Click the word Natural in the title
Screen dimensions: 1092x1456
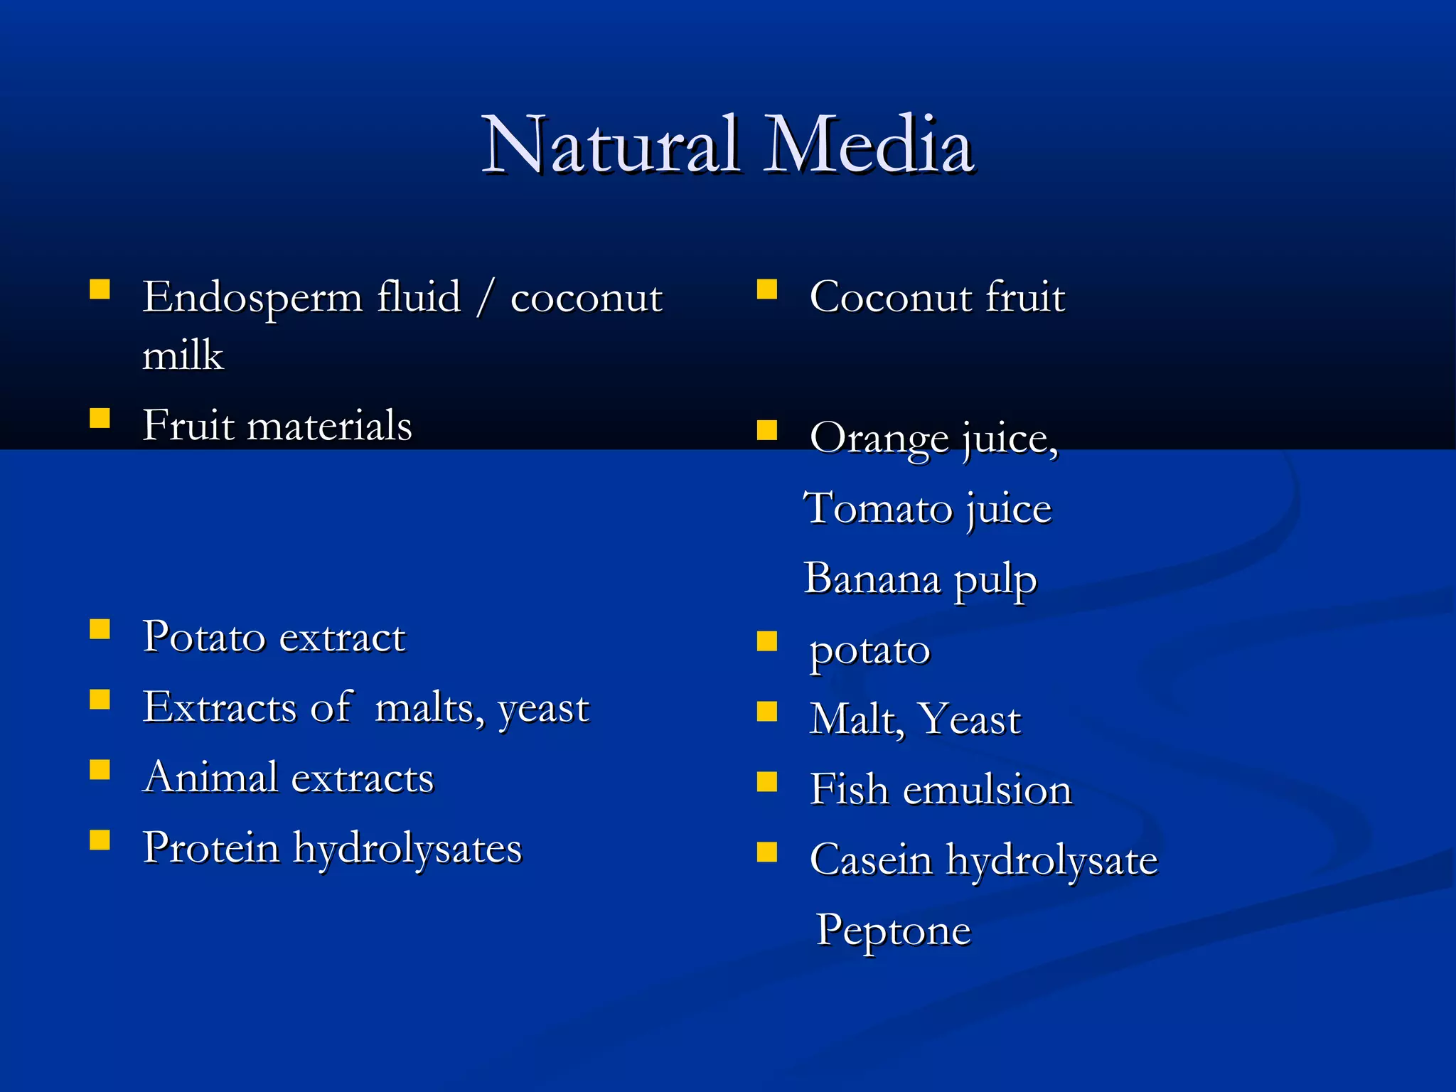(610, 145)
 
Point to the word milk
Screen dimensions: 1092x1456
(183, 355)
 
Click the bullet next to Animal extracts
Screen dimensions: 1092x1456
(100, 770)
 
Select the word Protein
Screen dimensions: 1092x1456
(211, 848)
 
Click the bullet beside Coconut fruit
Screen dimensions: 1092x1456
(767, 289)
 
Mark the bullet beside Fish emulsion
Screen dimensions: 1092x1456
(767, 782)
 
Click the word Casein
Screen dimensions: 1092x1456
(871, 860)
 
